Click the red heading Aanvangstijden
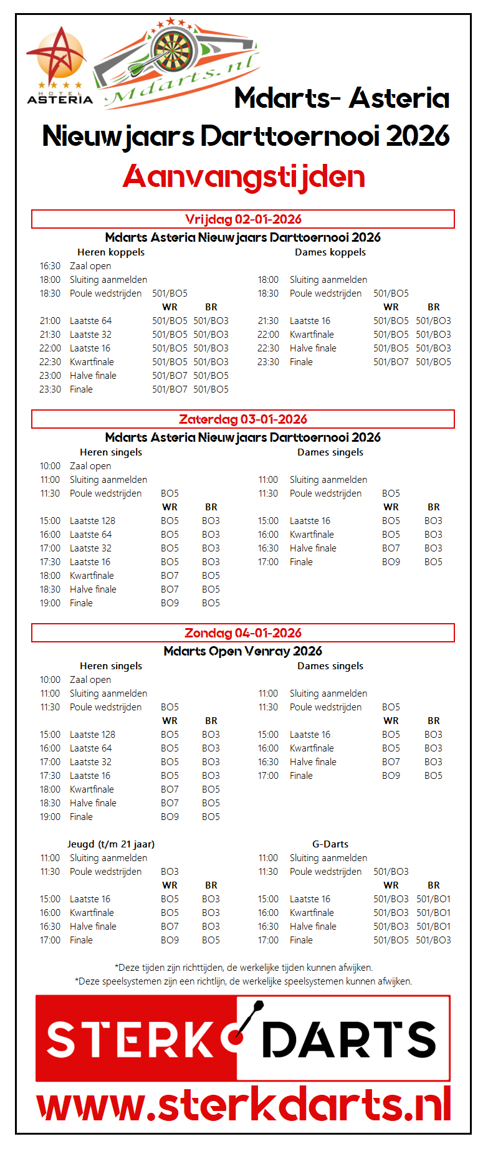(x=244, y=176)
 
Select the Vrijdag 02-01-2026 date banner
(x=243, y=219)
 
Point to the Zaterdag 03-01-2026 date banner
(x=243, y=419)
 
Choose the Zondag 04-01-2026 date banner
(x=243, y=633)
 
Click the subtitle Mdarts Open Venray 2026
(x=243, y=651)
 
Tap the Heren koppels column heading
(x=111, y=252)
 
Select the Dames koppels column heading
(x=330, y=252)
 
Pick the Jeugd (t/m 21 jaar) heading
(x=111, y=844)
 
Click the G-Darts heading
(x=330, y=844)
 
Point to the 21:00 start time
(x=50, y=321)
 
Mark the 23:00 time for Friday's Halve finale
(x=50, y=376)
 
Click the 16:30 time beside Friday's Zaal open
(x=50, y=266)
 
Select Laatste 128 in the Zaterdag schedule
(x=92, y=521)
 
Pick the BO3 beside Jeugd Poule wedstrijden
(x=170, y=872)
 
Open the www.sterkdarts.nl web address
(x=244, y=1105)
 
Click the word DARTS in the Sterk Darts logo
(x=349, y=1040)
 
